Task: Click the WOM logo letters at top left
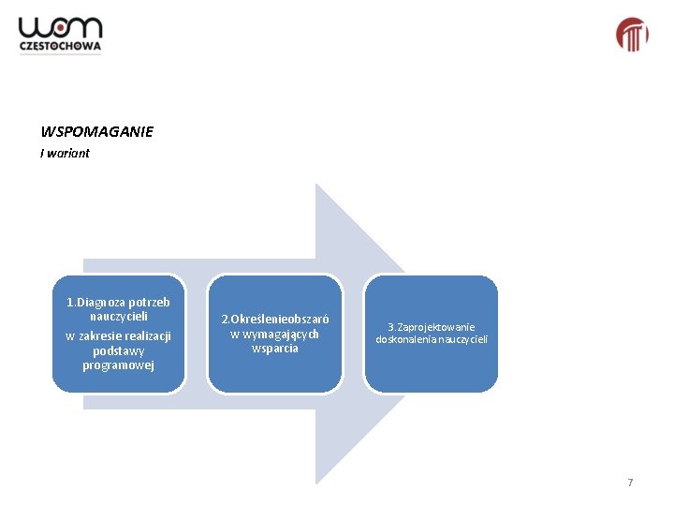point(60,28)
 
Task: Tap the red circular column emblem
point(632,35)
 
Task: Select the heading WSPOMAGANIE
point(96,132)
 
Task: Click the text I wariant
point(65,154)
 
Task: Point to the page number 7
point(630,483)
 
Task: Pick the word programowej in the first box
point(118,365)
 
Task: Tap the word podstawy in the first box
point(118,350)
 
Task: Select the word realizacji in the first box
point(141,335)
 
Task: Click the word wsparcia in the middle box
point(275,349)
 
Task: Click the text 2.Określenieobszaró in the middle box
point(274,319)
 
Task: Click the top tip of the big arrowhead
point(316,185)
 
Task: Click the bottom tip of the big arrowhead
point(316,483)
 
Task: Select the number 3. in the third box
point(392,326)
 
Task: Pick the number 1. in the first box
point(71,303)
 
